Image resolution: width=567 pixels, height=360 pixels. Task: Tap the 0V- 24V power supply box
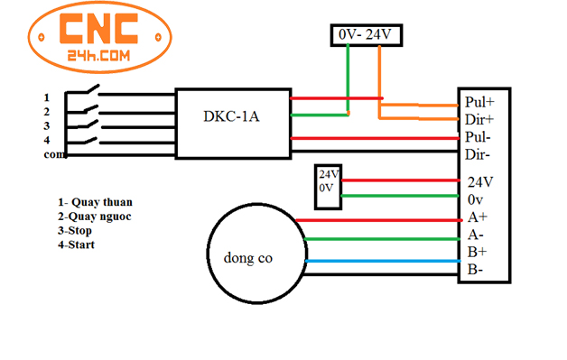pos(366,34)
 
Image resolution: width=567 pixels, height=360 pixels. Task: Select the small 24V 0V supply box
pos(326,180)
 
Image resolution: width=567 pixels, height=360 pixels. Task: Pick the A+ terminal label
pos(477,217)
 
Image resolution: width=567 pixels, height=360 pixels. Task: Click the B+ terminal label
pos(477,252)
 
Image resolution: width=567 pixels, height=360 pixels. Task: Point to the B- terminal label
pos(476,269)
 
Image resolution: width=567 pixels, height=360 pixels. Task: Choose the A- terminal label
pos(477,235)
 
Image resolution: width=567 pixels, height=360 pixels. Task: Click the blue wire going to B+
pos(379,262)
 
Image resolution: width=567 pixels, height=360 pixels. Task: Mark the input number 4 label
pos(47,140)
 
